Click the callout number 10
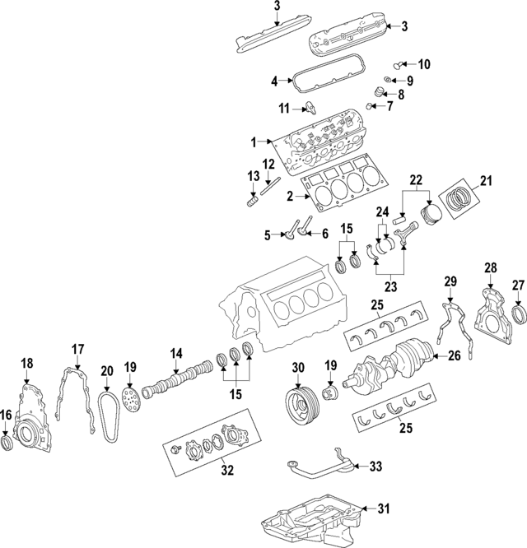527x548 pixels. (424, 64)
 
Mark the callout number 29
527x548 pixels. (450, 282)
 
